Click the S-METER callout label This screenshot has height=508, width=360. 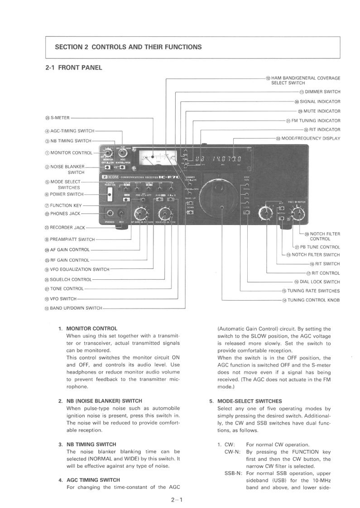[58, 118]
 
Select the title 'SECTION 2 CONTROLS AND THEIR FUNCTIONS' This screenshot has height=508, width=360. [128, 47]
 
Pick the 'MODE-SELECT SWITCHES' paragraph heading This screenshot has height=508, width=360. [250, 401]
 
